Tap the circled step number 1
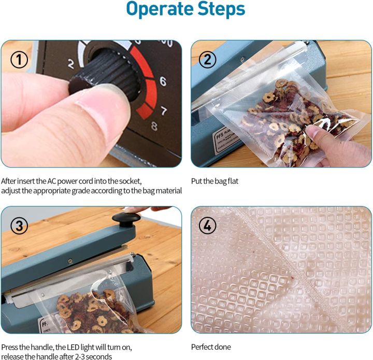tap(20, 60)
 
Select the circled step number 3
tap(20, 226)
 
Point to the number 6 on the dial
tap(163, 81)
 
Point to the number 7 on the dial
tap(164, 110)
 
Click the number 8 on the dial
tap(154, 126)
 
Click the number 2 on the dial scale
tap(70, 64)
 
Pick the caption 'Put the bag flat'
tap(214, 181)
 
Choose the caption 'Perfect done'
tap(211, 347)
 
